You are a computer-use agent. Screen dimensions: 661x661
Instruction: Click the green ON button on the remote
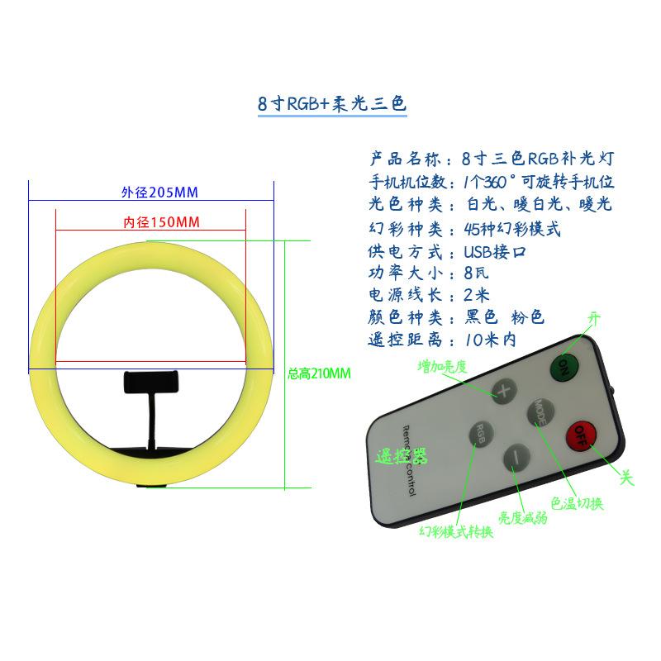pos(564,367)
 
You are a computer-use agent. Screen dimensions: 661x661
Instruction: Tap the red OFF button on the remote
pos(581,435)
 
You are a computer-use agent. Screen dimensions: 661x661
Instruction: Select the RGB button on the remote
pos(482,434)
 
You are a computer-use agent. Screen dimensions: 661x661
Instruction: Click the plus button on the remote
pos(504,391)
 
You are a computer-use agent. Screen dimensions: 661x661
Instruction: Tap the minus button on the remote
pos(516,459)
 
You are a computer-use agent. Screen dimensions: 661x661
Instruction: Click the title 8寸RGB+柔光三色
pos(332,104)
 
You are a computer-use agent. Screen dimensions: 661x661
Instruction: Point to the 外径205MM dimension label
pos(159,193)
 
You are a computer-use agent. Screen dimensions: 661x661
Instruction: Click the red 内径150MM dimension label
pos(161,222)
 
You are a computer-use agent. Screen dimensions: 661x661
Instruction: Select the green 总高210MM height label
pos(319,373)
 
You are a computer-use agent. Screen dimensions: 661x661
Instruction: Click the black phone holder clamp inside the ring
pos(151,382)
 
